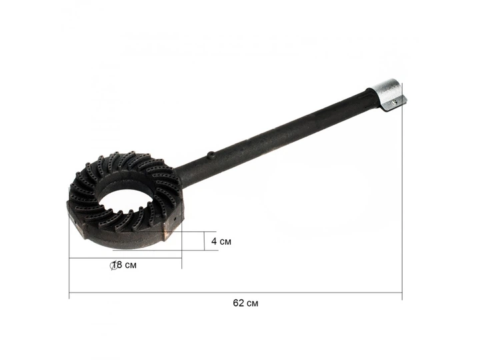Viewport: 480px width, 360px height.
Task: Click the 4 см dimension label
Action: [221, 241]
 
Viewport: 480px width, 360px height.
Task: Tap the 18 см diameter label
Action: [123, 265]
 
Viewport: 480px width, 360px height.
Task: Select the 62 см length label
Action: [245, 303]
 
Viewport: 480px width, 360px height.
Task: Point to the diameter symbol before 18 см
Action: [113, 265]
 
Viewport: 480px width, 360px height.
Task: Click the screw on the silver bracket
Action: [395, 103]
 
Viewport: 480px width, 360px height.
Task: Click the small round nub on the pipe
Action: [211, 154]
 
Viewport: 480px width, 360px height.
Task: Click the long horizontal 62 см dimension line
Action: [235, 293]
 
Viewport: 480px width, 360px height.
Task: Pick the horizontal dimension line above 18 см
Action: [125, 258]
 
